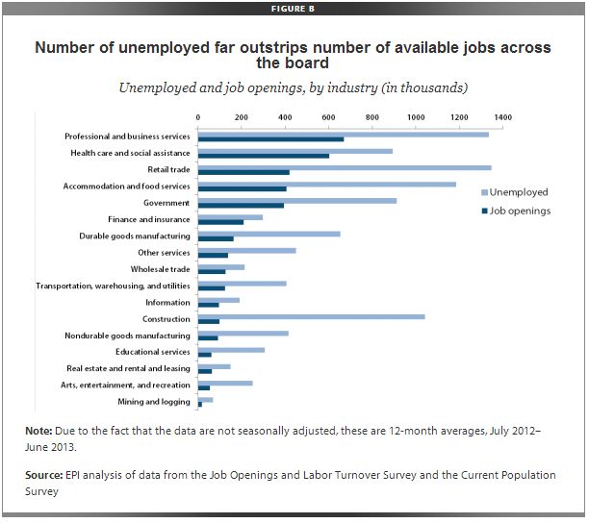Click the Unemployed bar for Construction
(x=311, y=315)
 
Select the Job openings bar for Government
(x=241, y=205)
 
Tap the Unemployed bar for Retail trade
(x=344, y=167)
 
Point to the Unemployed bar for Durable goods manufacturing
(x=269, y=234)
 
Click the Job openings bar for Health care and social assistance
(x=263, y=156)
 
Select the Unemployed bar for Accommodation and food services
(x=326, y=184)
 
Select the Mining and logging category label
(x=153, y=402)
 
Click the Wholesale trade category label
(x=161, y=269)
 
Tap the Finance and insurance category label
(x=149, y=219)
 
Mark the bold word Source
(x=44, y=477)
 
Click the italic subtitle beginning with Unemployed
(x=294, y=88)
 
